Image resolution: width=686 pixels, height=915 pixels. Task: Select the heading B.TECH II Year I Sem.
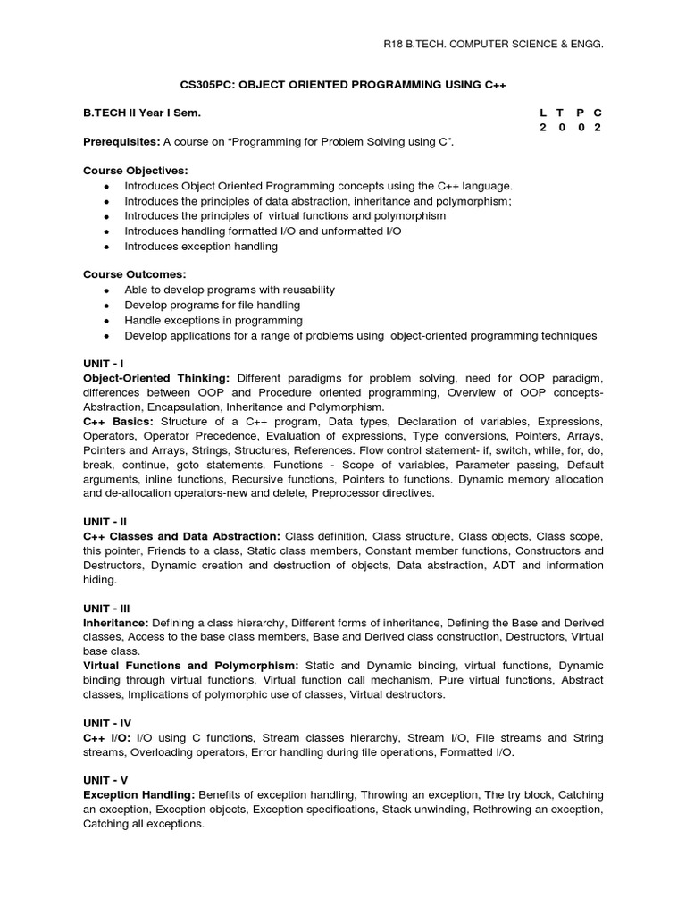click(x=142, y=113)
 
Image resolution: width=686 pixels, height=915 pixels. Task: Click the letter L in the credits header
click(x=543, y=113)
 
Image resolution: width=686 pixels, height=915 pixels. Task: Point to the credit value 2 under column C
click(x=598, y=128)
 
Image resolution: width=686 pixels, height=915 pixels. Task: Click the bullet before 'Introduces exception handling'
click(x=106, y=247)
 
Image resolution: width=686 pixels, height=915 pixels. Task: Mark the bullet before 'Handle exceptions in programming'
click(x=106, y=321)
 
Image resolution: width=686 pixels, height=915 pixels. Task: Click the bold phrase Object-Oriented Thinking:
click(x=156, y=379)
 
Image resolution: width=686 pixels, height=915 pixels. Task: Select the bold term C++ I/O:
click(x=106, y=738)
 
